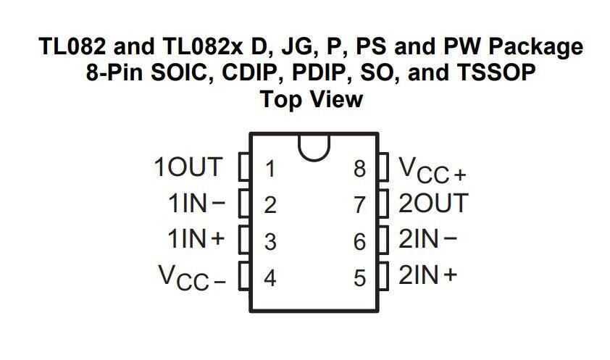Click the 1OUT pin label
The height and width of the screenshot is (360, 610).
click(x=188, y=167)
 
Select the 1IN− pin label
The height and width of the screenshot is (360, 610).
click(x=196, y=204)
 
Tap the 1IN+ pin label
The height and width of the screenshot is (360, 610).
click(x=196, y=239)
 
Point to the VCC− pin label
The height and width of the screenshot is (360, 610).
click(x=192, y=277)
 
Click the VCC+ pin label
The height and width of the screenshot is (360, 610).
click(x=433, y=170)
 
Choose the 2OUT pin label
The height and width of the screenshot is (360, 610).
click(x=433, y=203)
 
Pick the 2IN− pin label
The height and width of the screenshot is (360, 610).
click(x=427, y=239)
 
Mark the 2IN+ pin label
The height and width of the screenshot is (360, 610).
click(x=427, y=275)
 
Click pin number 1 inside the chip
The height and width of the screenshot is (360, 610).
click(x=270, y=169)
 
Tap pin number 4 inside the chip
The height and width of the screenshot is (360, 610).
click(x=270, y=278)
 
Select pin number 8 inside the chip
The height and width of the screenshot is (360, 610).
click(x=359, y=169)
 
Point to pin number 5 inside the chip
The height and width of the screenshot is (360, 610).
click(x=359, y=278)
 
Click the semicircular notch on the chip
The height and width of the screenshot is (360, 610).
click(x=314, y=147)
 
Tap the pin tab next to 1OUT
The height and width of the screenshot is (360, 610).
click(x=244, y=167)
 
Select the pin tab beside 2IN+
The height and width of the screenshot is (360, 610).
click(x=383, y=276)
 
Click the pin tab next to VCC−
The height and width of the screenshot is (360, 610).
click(x=244, y=276)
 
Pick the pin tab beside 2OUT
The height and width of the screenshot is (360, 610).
click(x=383, y=204)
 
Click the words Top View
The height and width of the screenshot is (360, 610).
click(x=312, y=99)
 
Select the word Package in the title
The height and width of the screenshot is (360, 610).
click(x=535, y=46)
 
